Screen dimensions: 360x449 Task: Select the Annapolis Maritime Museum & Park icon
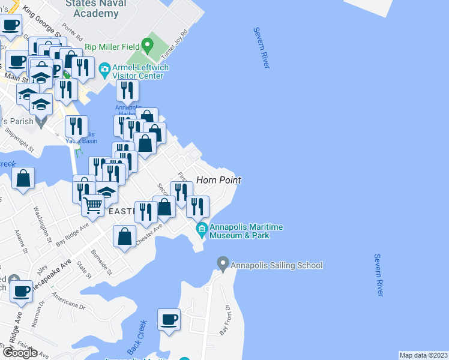click(x=202, y=229)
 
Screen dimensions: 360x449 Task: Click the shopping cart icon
click(x=93, y=206)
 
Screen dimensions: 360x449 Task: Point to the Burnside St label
click(x=101, y=262)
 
